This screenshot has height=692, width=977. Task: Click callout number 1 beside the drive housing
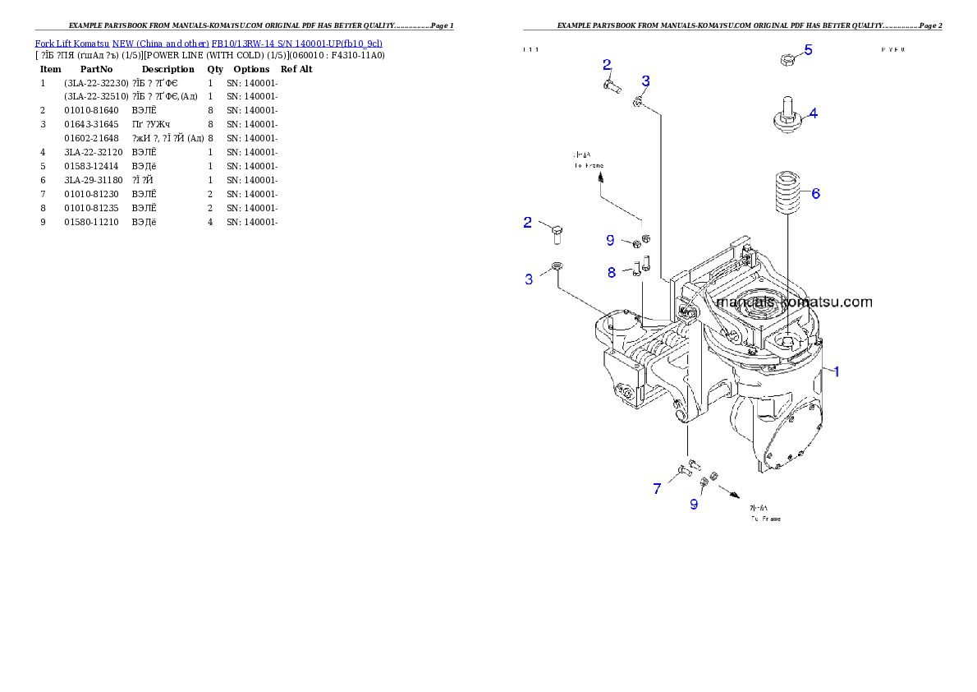coord(837,371)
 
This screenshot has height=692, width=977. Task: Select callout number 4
coord(812,113)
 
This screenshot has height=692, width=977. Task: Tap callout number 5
coord(808,50)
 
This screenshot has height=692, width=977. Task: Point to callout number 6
coord(815,194)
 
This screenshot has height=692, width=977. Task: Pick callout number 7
coord(657,489)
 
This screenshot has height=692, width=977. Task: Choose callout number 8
coord(612,272)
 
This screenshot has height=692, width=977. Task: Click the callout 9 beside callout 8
coord(610,240)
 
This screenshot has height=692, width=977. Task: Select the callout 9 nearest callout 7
coord(694,504)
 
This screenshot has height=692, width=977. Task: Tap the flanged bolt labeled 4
coord(786,117)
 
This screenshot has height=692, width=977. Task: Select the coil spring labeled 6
coord(787,193)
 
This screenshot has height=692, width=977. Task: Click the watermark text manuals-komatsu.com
coord(794,302)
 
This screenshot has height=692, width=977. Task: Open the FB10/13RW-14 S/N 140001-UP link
coord(296,43)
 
